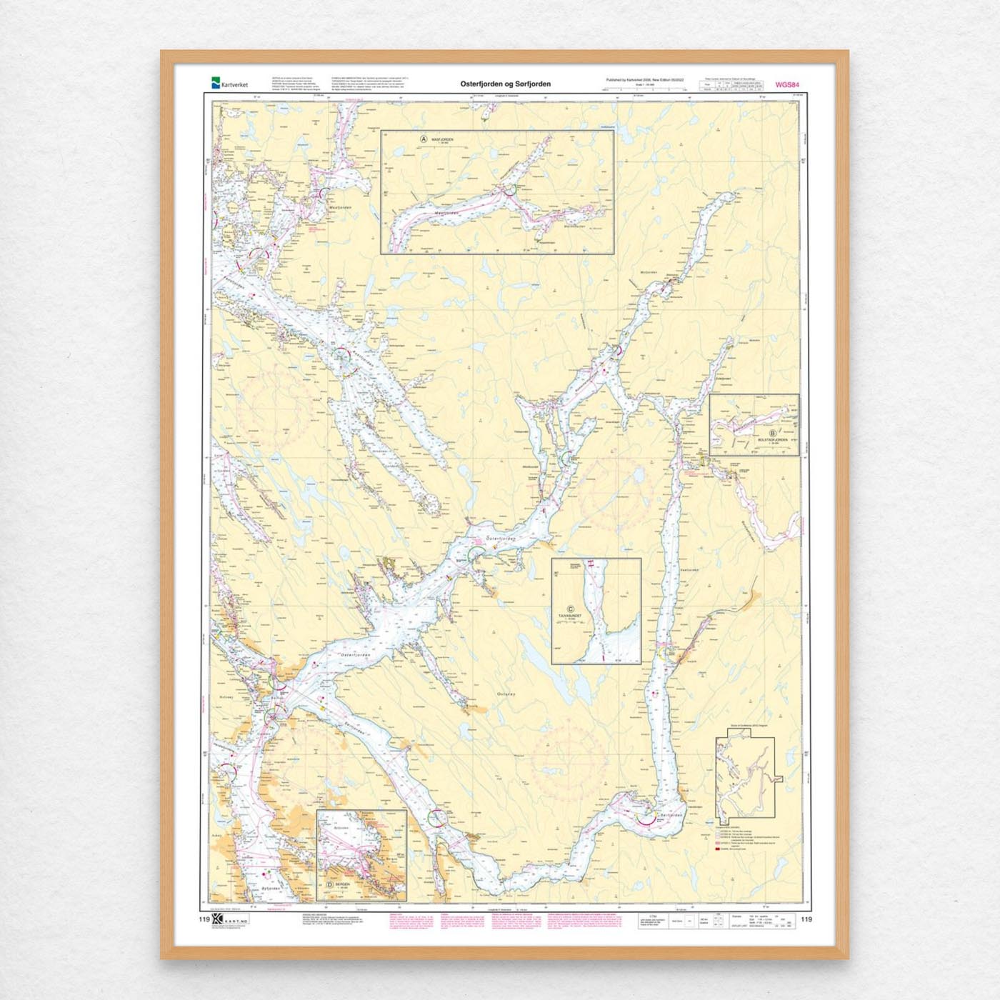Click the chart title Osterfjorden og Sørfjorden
coord(505,84)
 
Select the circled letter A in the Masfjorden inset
coord(424,140)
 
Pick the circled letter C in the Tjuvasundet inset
coord(570,609)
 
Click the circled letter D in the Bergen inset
coord(329,884)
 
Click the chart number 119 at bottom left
coord(205,920)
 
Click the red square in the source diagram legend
coord(718,849)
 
